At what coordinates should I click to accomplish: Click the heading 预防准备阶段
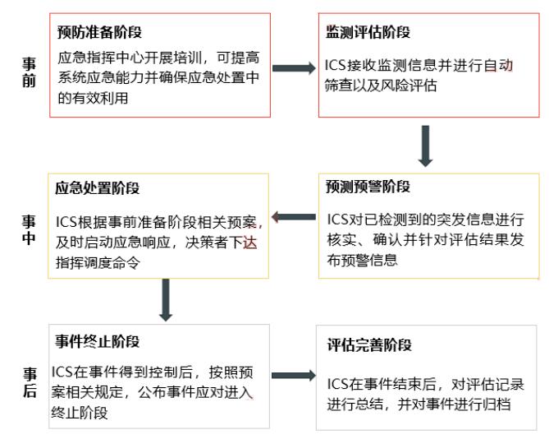tap(100, 32)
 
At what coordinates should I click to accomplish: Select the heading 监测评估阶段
tap(368, 31)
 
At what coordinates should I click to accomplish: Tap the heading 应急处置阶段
tap(98, 188)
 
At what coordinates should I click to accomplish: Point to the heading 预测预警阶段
tap(368, 186)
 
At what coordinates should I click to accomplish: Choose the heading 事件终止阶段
tap(98, 341)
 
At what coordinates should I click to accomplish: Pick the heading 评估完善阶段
tap(369, 345)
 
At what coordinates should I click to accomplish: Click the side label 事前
tap(29, 72)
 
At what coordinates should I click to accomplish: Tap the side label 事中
tap(29, 229)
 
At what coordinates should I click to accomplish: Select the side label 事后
tap(30, 382)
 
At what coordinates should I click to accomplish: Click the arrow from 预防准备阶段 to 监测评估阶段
tap(294, 68)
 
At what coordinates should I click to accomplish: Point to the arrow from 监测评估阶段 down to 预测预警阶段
tap(425, 146)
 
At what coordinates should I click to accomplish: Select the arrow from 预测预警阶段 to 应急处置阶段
tap(294, 217)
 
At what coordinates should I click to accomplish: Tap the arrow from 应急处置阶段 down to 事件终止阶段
tap(166, 300)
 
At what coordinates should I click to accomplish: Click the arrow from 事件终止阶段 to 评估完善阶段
tap(294, 376)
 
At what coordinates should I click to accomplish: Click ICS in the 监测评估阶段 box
tap(335, 65)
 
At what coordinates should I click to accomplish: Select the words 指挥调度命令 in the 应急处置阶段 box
tap(98, 262)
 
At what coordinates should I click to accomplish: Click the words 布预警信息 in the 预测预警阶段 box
tap(363, 260)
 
